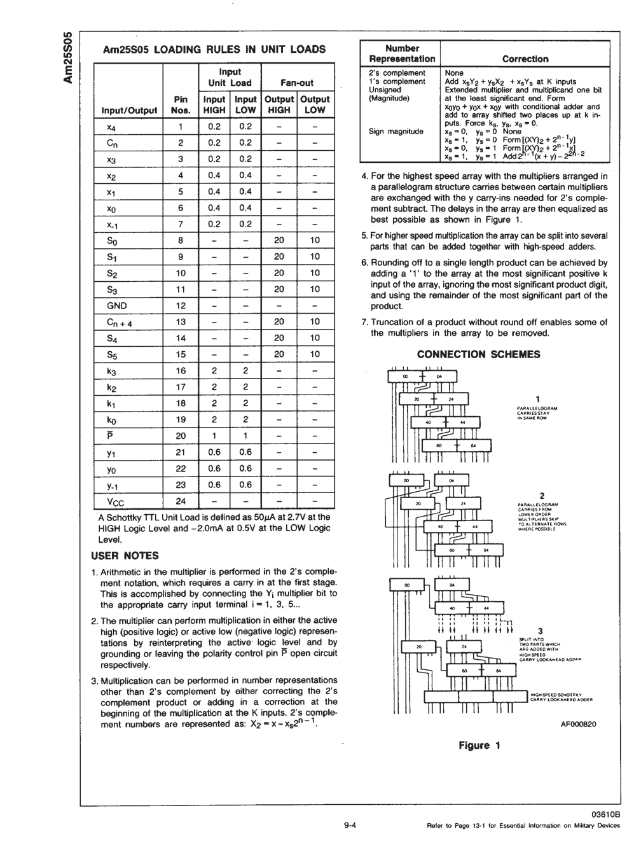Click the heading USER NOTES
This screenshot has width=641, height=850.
[125, 555]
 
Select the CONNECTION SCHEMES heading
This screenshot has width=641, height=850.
[478, 354]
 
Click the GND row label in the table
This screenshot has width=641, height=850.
[117, 305]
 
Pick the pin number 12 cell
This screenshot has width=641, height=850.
[181, 305]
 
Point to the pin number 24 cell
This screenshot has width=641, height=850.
[181, 501]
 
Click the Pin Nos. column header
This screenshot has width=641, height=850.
[181, 104]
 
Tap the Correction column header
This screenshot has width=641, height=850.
[525, 59]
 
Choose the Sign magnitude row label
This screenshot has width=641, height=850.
[396, 132]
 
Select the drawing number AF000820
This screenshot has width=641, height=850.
[578, 723]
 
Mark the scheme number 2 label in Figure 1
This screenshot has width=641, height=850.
[542, 496]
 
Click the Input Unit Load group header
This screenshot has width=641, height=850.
[230, 78]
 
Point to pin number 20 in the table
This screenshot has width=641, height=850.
[181, 436]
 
